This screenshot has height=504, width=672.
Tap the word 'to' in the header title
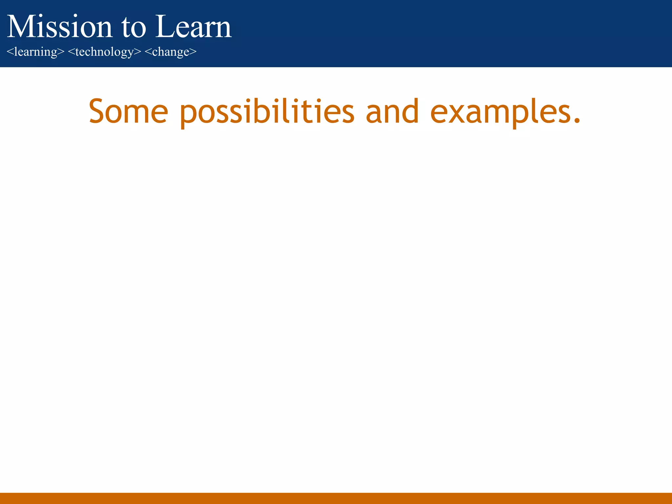pyautogui.click(x=134, y=28)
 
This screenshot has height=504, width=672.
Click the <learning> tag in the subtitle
pyautogui.click(x=35, y=52)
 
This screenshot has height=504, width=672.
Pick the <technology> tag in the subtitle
pyautogui.click(x=104, y=52)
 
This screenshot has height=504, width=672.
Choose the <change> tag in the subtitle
pyautogui.click(x=170, y=52)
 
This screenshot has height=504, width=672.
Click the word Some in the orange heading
pyautogui.click(x=128, y=112)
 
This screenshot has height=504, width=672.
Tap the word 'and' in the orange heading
pyautogui.click(x=392, y=112)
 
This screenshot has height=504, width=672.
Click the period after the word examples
pyautogui.click(x=577, y=120)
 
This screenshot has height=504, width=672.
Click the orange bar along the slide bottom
pyautogui.click(x=336, y=498)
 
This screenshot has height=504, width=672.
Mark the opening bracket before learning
pyautogui.click(x=10, y=52)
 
